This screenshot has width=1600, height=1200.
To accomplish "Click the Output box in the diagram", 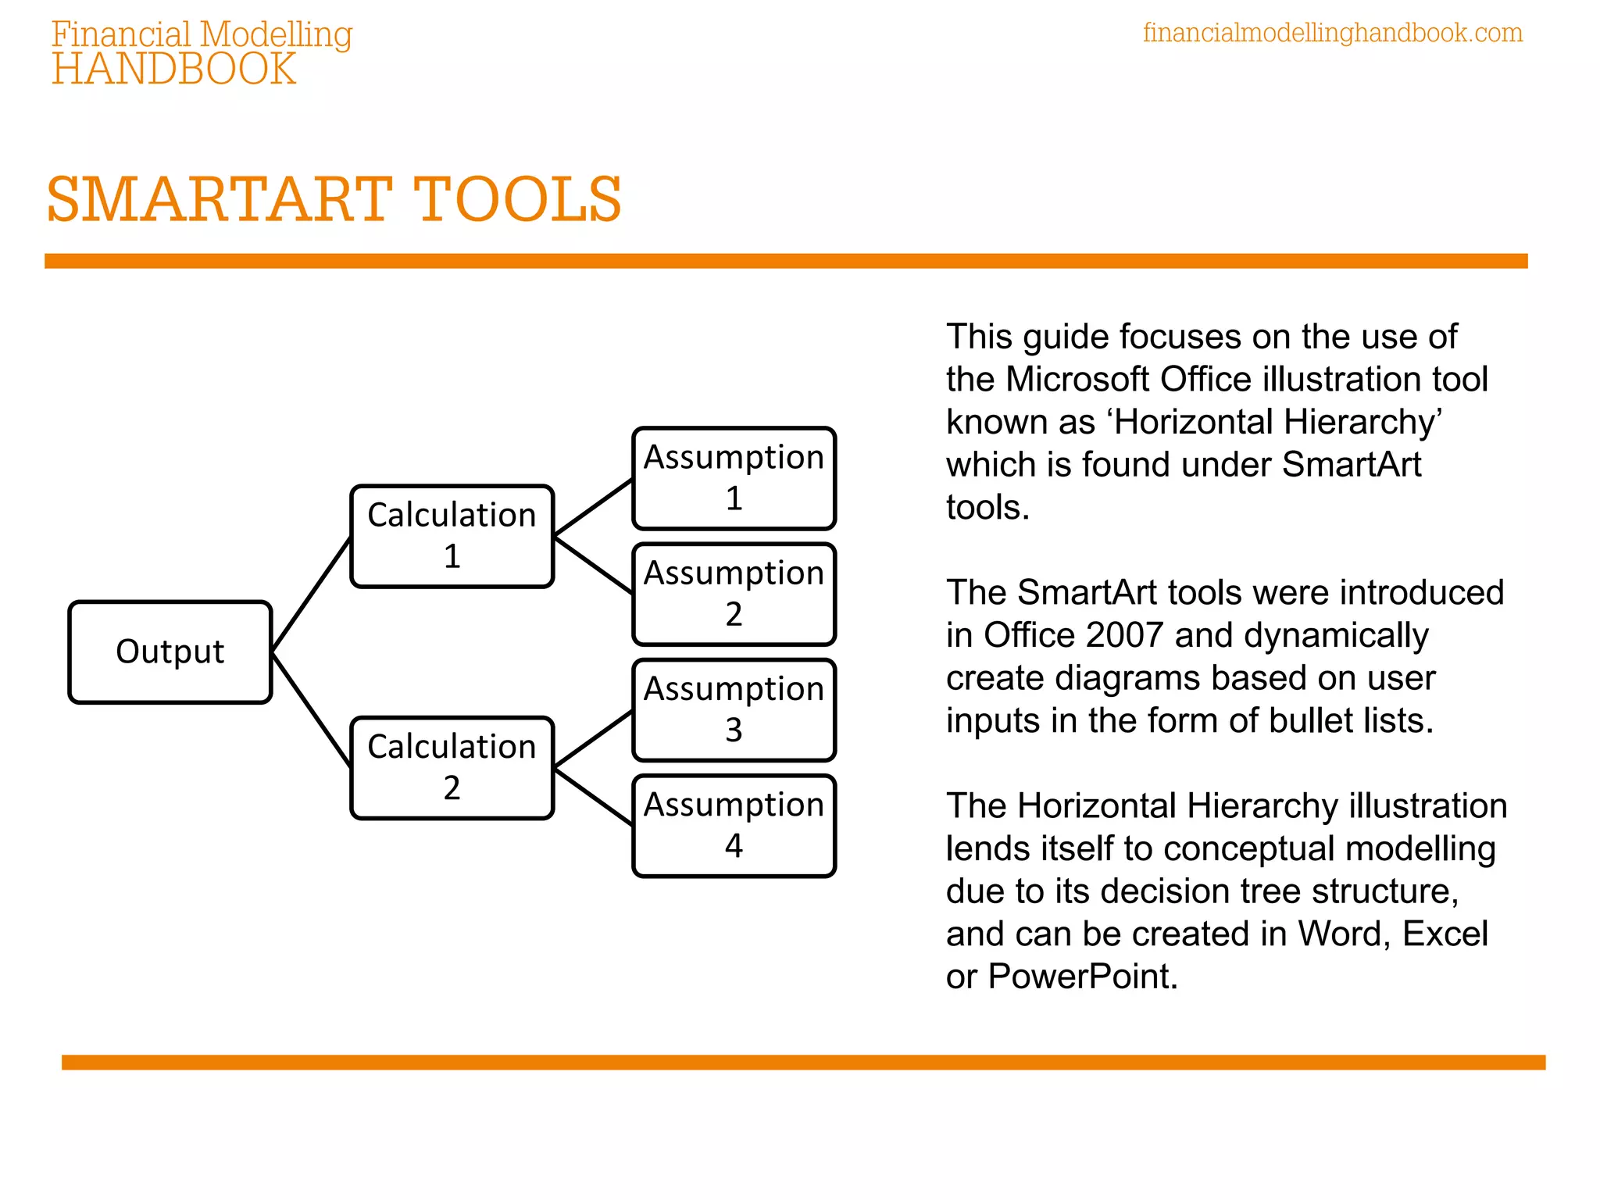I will pos(170,652).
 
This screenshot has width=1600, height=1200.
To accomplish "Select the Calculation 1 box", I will pos(452,536).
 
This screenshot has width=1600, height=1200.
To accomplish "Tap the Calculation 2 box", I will pos(452,768).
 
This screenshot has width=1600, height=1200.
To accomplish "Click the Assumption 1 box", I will pos(734,478).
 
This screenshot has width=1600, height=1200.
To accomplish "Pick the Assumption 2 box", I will pos(734,595).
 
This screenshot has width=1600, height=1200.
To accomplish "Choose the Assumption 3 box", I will pos(734,710).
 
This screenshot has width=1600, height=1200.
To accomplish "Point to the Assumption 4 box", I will pos(734,826).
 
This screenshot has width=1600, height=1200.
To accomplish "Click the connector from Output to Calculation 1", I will pos(311,595).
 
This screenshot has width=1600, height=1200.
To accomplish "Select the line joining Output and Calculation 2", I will pos(311,710).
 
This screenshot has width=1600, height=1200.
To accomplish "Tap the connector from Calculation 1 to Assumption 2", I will pos(593,565).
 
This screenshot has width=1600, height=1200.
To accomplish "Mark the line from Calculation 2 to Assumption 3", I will pos(593,739).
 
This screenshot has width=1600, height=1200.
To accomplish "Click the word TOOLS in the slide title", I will pos(517,200).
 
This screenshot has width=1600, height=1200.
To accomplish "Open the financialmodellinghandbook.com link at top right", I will pos(1333,34).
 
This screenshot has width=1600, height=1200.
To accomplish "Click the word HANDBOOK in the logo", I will pos(174,70).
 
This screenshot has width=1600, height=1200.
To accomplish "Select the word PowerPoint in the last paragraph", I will pos(1083,977).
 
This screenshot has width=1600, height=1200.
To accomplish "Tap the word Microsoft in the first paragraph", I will pos(1077,380).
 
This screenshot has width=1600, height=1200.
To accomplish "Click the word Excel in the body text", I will pos(1445,934).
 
